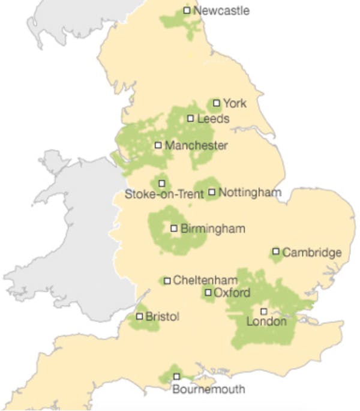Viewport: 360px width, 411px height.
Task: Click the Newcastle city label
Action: click(221, 11)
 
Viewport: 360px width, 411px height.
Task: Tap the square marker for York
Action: click(217, 103)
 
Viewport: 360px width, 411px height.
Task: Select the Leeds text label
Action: click(213, 119)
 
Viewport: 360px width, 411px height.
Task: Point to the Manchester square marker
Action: click(158, 145)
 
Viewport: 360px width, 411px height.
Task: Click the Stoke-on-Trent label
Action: click(164, 194)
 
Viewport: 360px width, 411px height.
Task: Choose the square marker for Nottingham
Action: click(212, 192)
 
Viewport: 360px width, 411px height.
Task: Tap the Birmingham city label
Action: click(212, 229)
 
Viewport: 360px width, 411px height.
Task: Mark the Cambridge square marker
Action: click(276, 251)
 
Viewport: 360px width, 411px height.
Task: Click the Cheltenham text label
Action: click(202, 280)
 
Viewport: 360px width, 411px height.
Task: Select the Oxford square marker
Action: click(208, 293)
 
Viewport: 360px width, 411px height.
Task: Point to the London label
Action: click(267, 322)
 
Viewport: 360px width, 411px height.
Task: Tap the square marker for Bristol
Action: click(140, 316)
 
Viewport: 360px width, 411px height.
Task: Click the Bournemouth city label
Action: click(208, 389)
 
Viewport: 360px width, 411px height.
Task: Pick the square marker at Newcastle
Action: click(187, 10)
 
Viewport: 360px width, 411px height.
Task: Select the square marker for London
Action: click(263, 311)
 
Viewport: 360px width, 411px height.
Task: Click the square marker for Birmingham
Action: click(174, 228)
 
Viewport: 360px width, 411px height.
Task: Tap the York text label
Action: click(235, 103)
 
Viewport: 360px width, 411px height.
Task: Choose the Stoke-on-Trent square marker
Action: click(161, 182)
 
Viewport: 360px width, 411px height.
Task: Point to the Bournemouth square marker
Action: click(176, 376)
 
